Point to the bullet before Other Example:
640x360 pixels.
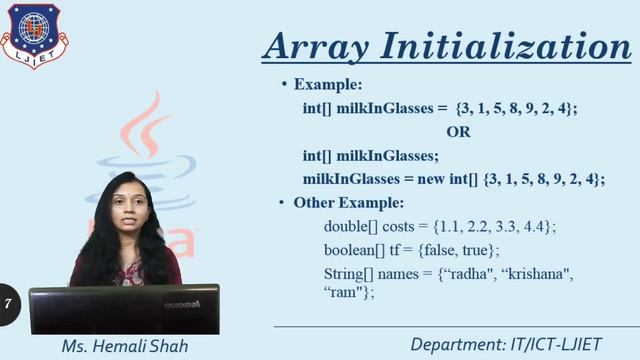point(284,203)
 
